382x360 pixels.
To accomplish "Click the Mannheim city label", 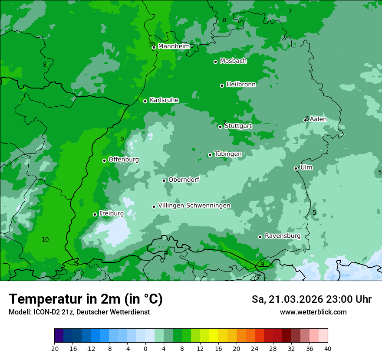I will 174,46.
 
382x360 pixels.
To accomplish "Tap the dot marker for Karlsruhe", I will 145,101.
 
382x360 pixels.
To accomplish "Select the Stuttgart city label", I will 238,126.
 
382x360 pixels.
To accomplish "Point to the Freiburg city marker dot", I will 95,214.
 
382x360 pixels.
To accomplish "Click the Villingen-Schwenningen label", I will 194,206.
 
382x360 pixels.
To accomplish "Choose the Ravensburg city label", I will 282,236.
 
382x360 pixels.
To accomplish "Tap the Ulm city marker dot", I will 296,168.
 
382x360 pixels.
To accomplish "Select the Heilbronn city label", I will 241,85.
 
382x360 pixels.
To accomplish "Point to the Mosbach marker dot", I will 215,62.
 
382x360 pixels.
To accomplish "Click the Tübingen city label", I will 228,154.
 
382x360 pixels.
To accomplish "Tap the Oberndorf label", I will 184,180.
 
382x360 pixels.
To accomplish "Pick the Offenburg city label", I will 124,160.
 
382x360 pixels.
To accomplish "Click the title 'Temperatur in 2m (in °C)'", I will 86,299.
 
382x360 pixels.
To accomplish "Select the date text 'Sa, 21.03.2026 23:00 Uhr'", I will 311,299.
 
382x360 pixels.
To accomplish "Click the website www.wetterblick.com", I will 313,312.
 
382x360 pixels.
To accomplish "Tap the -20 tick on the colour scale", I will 54,348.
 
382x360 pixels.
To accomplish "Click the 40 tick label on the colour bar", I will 327,348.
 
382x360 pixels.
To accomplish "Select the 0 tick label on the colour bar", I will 145,348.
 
